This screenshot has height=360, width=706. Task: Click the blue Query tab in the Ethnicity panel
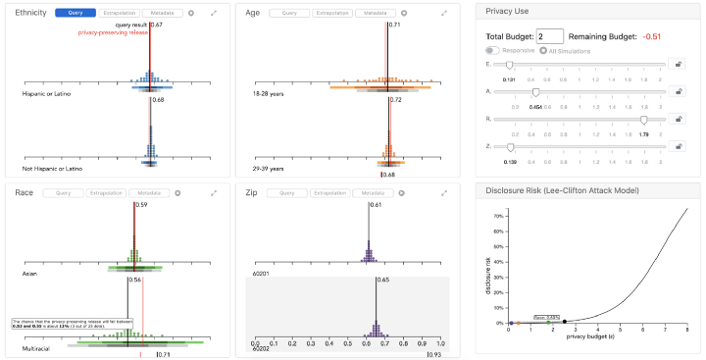[75, 13]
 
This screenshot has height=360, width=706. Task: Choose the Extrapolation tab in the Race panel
[106, 193]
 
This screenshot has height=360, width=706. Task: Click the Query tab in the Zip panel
[287, 193]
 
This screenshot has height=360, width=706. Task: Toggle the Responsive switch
[492, 50]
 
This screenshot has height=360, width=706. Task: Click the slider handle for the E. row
[509, 64]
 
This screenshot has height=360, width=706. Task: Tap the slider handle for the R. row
[643, 119]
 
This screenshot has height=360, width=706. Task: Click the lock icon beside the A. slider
[679, 91]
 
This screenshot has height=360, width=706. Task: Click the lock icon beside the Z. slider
[679, 146]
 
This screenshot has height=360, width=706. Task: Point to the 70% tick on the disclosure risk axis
[499, 214]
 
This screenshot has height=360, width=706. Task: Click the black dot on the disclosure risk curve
[565, 322]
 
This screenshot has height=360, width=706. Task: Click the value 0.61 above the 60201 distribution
[376, 205]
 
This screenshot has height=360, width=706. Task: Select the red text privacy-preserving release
[114, 32]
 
